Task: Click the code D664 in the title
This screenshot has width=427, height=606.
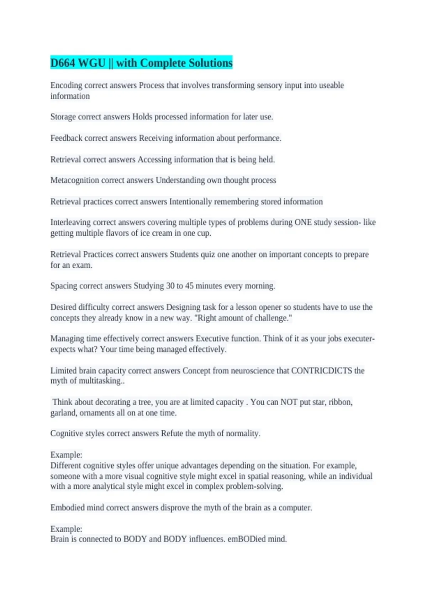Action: [x=63, y=63]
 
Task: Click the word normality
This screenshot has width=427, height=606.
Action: [x=243, y=433]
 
